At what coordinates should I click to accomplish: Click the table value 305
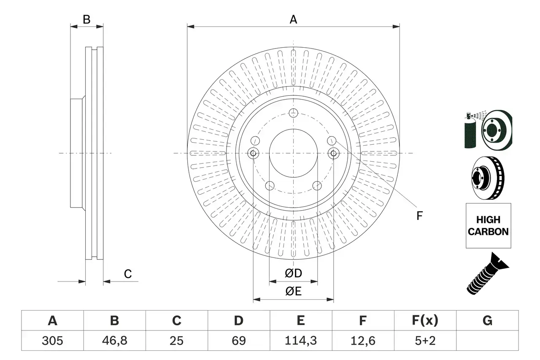(52, 341)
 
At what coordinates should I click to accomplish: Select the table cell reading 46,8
(114, 341)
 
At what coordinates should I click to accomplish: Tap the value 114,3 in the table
(300, 341)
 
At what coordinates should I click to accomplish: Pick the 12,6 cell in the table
(362, 341)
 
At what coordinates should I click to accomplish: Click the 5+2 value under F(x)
(424, 341)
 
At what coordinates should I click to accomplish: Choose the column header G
(487, 321)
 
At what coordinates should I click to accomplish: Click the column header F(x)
(424, 321)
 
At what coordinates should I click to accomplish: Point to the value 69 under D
(238, 341)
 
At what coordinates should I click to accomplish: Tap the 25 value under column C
(176, 341)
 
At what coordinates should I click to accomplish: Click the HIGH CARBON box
(488, 226)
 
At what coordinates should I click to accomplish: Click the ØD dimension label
(294, 273)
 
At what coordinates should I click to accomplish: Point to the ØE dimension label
(294, 292)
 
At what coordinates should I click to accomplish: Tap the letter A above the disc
(293, 19)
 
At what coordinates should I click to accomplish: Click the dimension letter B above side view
(86, 19)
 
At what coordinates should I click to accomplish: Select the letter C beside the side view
(128, 274)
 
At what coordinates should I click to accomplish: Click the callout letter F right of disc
(419, 216)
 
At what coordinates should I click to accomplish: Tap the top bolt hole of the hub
(294, 113)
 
